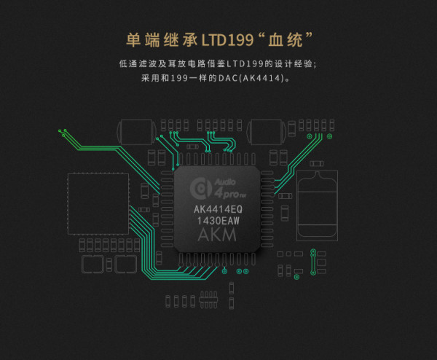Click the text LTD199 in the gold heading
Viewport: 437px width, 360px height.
click(x=227, y=40)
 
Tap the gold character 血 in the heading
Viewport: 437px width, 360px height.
click(x=276, y=40)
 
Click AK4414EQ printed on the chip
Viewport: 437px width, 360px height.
click(x=218, y=209)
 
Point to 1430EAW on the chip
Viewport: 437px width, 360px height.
click(x=219, y=221)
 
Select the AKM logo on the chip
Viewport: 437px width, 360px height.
click(x=217, y=235)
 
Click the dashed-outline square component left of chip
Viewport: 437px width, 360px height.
click(x=98, y=204)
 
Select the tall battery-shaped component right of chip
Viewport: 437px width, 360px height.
click(x=317, y=206)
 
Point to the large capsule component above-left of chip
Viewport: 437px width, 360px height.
click(x=136, y=132)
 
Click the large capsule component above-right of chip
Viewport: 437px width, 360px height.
click(x=266, y=132)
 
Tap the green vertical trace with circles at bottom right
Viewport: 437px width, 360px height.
click(x=313, y=262)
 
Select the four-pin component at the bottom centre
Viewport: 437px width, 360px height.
click(x=208, y=300)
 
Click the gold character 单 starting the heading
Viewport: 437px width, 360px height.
click(x=133, y=40)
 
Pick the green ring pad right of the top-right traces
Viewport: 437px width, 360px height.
click(x=329, y=136)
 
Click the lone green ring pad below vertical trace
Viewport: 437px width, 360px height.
click(x=297, y=277)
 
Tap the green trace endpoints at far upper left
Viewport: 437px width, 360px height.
click(x=63, y=133)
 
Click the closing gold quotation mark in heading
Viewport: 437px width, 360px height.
click(x=309, y=36)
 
